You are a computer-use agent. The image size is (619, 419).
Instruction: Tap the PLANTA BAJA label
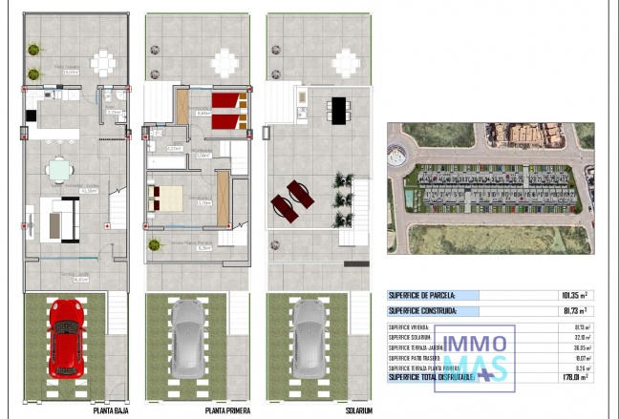[113, 410]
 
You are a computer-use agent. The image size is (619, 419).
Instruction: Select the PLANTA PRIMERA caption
[228, 410]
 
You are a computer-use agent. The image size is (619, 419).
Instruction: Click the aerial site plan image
[490, 187]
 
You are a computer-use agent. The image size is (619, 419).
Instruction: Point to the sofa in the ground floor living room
[65, 219]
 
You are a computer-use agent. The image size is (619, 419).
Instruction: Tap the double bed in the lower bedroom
[167, 198]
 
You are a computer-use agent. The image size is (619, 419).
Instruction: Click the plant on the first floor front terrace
[154, 244]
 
